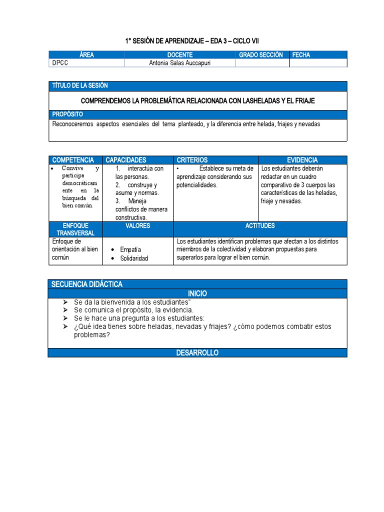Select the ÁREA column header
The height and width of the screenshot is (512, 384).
[x=86, y=54]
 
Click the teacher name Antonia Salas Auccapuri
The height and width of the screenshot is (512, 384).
[x=180, y=63]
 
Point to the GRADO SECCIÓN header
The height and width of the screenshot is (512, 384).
[x=260, y=54]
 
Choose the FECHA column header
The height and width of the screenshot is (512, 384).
[x=301, y=54]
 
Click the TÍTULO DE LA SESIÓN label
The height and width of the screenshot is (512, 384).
[x=80, y=86]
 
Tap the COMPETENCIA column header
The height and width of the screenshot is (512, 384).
[x=73, y=160]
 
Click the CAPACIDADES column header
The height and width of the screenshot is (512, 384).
[x=125, y=160]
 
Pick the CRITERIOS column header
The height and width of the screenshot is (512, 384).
[x=192, y=160]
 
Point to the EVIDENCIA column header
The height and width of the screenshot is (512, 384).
[x=302, y=160]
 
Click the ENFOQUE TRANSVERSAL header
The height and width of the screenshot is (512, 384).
[x=75, y=229]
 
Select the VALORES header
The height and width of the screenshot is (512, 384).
[x=137, y=226]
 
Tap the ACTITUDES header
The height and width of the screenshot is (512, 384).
[x=260, y=226]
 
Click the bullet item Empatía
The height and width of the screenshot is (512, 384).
[x=130, y=249]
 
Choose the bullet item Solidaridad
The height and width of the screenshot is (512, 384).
[x=134, y=258]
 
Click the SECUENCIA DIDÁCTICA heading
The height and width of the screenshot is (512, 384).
[x=87, y=284]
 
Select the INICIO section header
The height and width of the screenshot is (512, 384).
[x=197, y=293]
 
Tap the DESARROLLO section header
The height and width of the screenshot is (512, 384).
[x=197, y=353]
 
